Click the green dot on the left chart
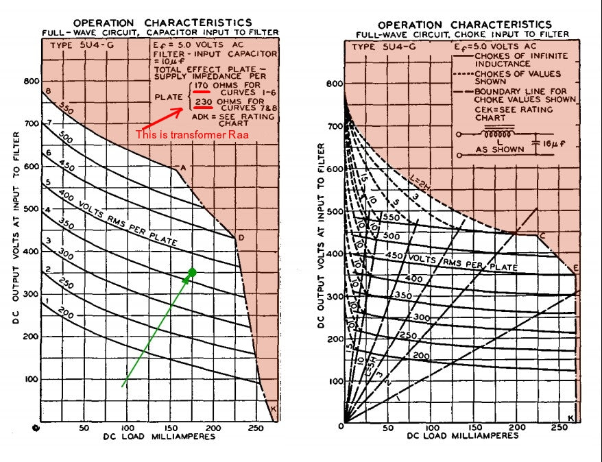(192, 273)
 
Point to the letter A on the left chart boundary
(182, 167)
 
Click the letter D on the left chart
(241, 238)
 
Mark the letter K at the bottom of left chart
(274, 409)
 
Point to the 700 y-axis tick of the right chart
(334, 127)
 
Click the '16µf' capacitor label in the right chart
(547, 145)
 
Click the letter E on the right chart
(575, 268)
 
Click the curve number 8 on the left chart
(48, 91)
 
